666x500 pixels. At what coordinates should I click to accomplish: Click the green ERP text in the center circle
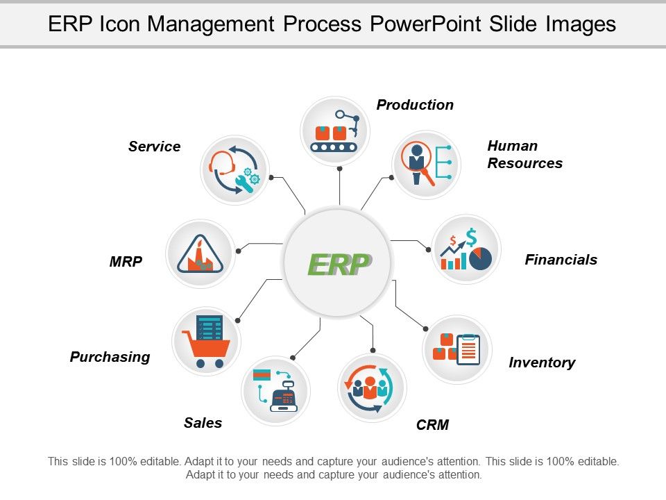(338, 264)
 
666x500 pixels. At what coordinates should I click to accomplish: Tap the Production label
(415, 105)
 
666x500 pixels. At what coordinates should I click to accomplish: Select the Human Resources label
(524, 154)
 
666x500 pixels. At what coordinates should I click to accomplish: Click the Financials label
(561, 260)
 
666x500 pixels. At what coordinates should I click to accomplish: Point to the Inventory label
(542, 362)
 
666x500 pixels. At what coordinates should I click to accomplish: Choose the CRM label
(432, 425)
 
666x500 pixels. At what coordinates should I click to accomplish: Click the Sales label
(203, 423)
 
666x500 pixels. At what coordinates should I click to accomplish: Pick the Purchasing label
(110, 357)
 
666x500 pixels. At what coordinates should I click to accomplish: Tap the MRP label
(126, 262)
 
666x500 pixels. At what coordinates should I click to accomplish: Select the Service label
(154, 147)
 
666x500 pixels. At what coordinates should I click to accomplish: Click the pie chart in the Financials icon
(480, 258)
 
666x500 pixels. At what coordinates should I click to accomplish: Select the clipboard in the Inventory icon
(469, 349)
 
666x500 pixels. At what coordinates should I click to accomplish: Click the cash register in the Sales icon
(284, 398)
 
